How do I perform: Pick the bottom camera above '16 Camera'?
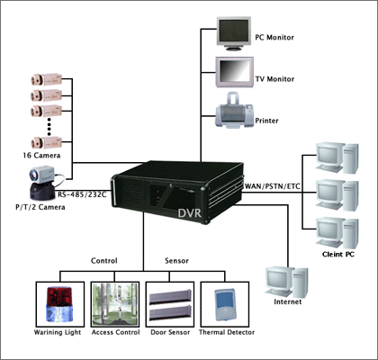[x=45, y=141]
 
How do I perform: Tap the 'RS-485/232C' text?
[x=82, y=194]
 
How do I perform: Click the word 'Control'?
[x=104, y=260]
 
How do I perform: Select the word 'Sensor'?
[x=175, y=260]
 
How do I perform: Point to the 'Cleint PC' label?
[x=339, y=254]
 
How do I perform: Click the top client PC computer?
[x=334, y=158]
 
